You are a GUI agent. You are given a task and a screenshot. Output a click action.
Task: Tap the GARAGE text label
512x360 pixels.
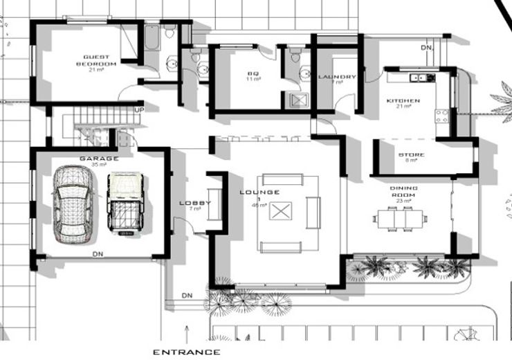tap(99, 159)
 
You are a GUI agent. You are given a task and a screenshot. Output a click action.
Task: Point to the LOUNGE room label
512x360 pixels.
tap(259, 192)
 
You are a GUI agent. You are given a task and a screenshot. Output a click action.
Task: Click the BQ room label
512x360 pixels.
tap(253, 73)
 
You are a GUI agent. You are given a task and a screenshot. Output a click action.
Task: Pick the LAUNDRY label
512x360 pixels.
tap(337, 77)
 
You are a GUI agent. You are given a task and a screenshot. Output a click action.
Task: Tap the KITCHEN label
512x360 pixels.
tap(403, 101)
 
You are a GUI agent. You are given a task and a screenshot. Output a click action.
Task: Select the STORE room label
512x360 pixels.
tap(406, 154)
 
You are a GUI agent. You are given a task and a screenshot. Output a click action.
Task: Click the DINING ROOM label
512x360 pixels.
tap(404, 192)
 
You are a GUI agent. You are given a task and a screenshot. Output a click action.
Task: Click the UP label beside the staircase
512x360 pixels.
tap(139, 109)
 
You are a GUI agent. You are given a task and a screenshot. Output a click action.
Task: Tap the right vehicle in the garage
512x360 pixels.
tap(125, 204)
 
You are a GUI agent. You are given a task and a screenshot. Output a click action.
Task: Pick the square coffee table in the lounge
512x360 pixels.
tap(280, 212)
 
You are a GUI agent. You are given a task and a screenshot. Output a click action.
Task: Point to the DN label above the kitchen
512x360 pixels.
tap(427, 48)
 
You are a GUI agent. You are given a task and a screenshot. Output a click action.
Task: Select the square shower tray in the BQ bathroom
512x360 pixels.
tap(299, 100)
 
